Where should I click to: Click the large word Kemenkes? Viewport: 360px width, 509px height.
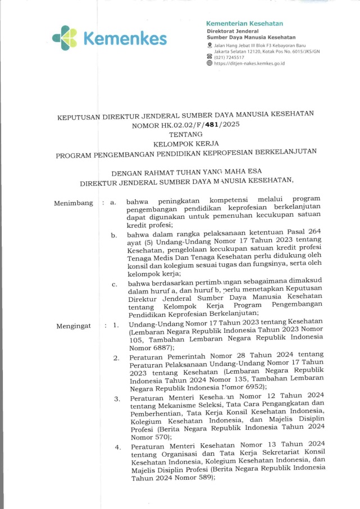[x=125, y=39]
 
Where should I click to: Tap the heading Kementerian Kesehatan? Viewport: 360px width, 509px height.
[x=245, y=24]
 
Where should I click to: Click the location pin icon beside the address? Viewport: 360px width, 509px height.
[x=209, y=44]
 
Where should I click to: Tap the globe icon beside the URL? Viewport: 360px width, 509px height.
[x=209, y=63]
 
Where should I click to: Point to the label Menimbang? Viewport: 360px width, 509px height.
[x=74, y=203]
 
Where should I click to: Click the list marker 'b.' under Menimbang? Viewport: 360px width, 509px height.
[x=114, y=235]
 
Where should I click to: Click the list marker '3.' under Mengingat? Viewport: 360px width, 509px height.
[x=117, y=399]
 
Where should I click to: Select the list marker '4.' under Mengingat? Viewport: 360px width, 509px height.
[x=117, y=448]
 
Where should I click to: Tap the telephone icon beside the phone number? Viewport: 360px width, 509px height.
[x=209, y=57]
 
